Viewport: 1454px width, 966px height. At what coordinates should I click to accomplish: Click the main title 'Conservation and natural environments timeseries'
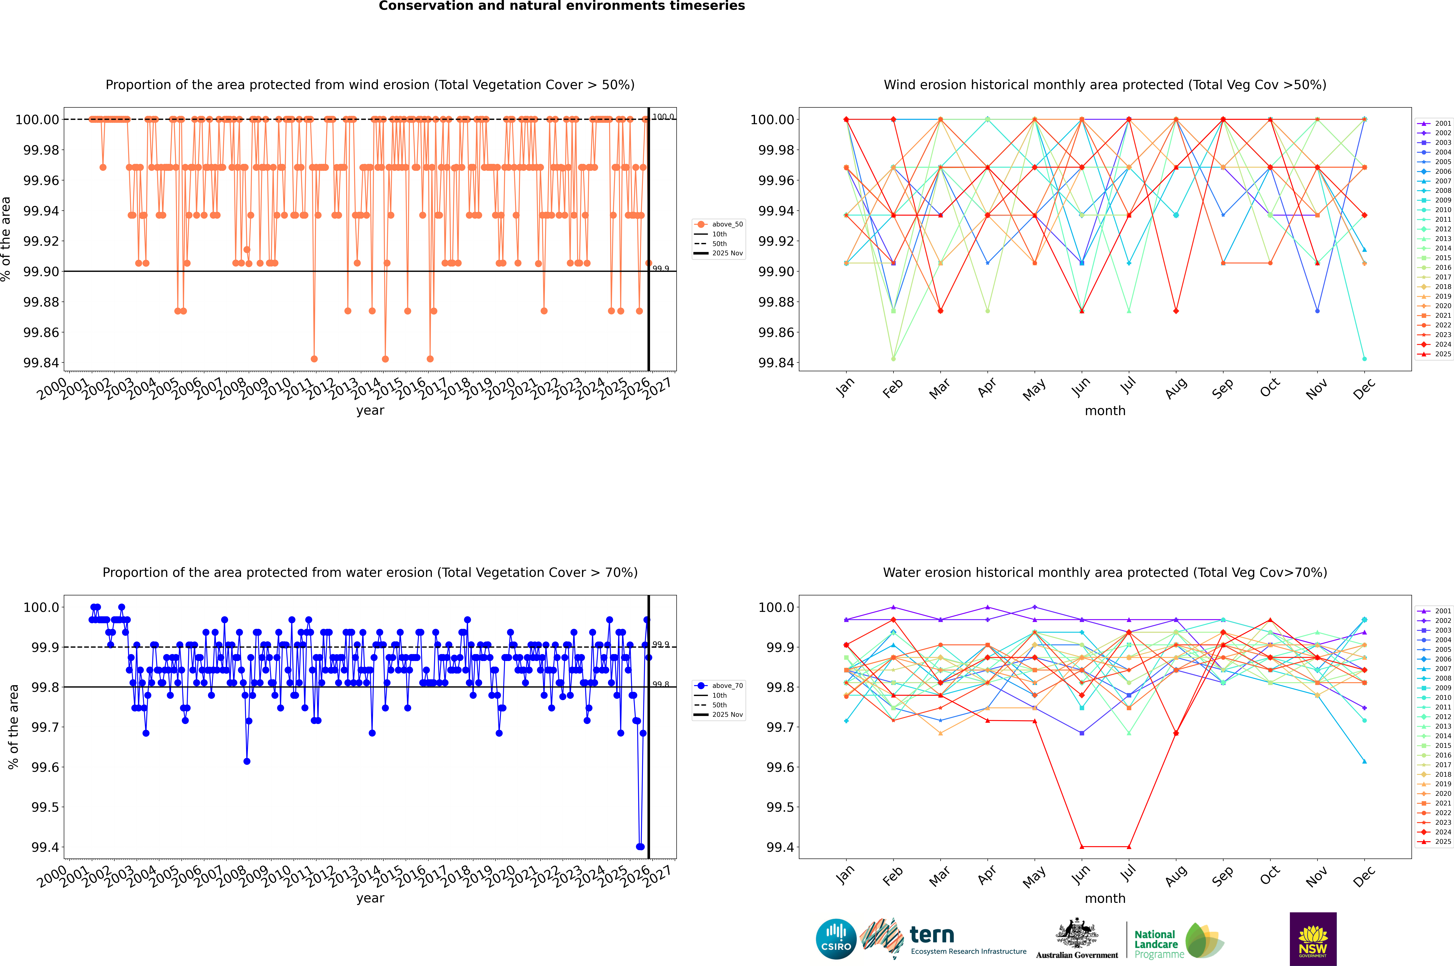click(x=562, y=6)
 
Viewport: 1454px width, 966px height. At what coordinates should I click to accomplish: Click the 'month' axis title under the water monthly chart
click(x=1104, y=898)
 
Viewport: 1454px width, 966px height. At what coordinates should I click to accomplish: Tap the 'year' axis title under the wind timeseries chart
click(x=370, y=410)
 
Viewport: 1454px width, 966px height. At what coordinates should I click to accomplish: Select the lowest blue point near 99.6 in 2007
click(x=247, y=761)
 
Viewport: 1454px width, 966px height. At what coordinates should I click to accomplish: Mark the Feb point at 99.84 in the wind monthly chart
click(x=893, y=359)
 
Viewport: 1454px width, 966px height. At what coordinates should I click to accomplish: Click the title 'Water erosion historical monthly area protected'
click(x=1104, y=572)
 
